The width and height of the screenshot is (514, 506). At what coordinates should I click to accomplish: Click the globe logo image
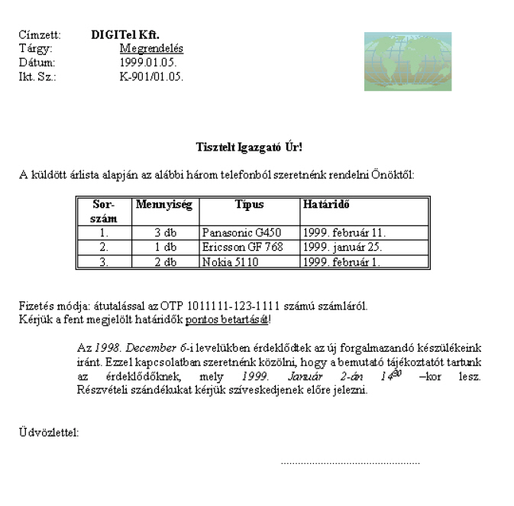[407, 61]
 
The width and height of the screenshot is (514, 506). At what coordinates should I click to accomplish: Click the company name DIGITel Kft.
[125, 34]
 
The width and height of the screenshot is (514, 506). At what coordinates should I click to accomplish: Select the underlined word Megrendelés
[151, 48]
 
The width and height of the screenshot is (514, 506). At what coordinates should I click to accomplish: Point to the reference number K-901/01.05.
[151, 76]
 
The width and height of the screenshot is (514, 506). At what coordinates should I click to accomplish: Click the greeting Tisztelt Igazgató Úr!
[249, 147]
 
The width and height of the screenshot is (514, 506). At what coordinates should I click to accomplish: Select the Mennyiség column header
[163, 205]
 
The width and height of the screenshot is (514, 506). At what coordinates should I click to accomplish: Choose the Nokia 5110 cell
[230, 261]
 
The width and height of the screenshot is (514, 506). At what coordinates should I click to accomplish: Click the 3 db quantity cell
[165, 232]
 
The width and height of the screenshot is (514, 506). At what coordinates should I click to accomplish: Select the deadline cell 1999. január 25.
[342, 247]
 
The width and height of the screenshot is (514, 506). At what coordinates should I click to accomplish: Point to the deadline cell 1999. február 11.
[344, 232]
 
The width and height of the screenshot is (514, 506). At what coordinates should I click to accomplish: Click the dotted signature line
[350, 462]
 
